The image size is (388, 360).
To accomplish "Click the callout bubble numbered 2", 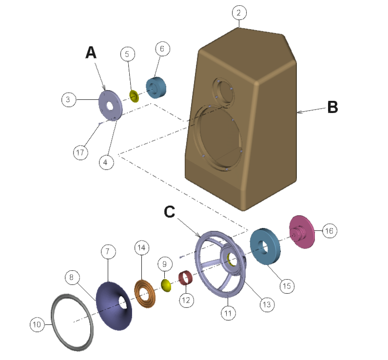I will pos(238,13).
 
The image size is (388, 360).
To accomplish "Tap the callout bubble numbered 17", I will pos(81,152).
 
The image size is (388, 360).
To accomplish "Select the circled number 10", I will pos(37,323).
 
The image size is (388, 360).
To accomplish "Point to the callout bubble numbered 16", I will pos(329,231).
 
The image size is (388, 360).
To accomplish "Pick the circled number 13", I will pos(267,304).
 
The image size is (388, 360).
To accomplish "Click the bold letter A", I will pos(91,52).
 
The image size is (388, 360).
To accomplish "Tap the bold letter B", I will pos(332,107).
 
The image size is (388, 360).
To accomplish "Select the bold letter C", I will pos(169,212).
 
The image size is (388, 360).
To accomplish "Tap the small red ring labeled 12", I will pos(185,279).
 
